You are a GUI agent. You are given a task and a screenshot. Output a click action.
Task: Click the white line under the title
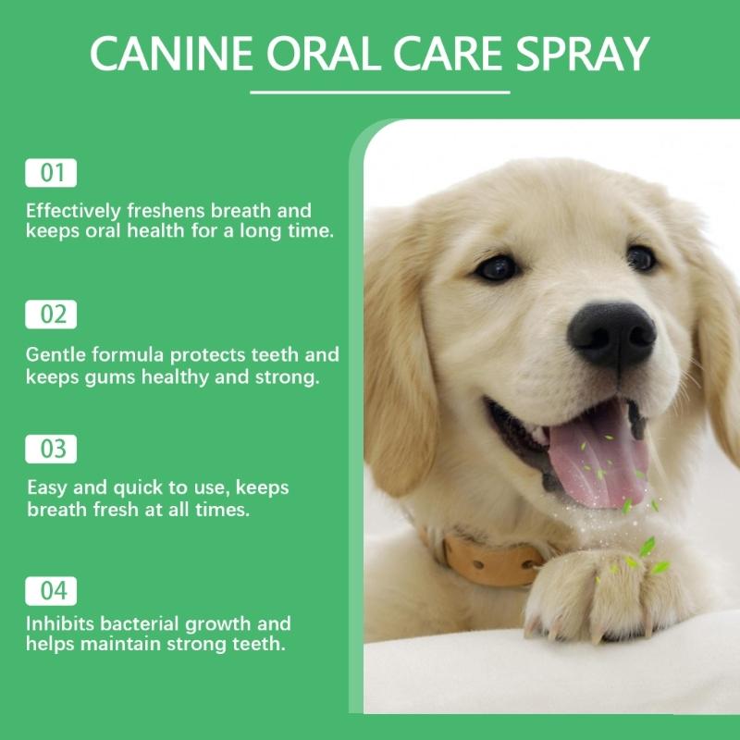[380, 92]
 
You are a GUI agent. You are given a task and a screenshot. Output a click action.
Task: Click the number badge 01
[51, 173]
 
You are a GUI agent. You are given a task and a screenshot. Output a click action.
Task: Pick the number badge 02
[51, 314]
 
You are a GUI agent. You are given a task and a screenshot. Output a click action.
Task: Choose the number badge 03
[51, 450]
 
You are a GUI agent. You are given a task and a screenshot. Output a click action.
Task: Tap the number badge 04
[51, 590]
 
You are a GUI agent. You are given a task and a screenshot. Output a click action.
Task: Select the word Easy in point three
[47, 488]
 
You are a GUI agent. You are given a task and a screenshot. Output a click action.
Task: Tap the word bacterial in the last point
[140, 623]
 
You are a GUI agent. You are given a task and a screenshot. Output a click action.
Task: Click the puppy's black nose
[611, 334]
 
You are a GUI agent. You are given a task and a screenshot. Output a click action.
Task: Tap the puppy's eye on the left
[497, 267]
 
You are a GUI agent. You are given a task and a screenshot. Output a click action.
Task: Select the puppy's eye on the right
[640, 257]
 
